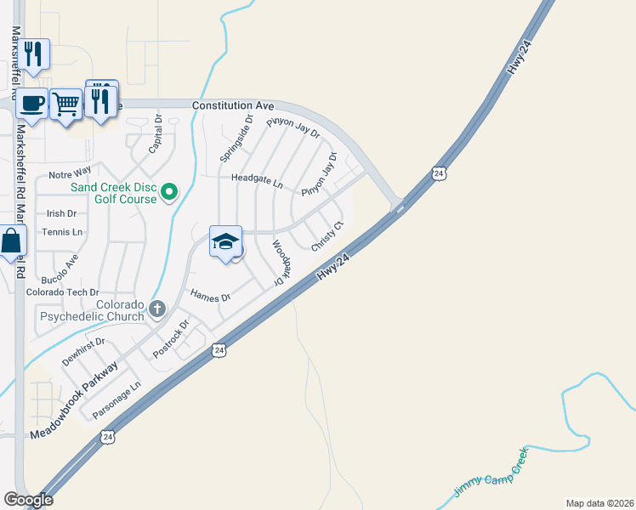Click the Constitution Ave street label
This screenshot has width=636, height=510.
click(233, 105)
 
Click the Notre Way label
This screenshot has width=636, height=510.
click(69, 174)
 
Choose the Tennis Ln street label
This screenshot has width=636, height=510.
click(65, 232)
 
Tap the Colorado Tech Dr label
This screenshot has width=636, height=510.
click(63, 292)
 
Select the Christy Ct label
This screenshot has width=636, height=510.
click(327, 235)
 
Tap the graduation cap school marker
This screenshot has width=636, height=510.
click(225, 241)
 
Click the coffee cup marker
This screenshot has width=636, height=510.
click(31, 104)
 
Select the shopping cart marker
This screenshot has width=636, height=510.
click(65, 105)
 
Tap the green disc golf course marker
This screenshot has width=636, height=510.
click(168, 193)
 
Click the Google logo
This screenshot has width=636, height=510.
click(28, 500)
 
